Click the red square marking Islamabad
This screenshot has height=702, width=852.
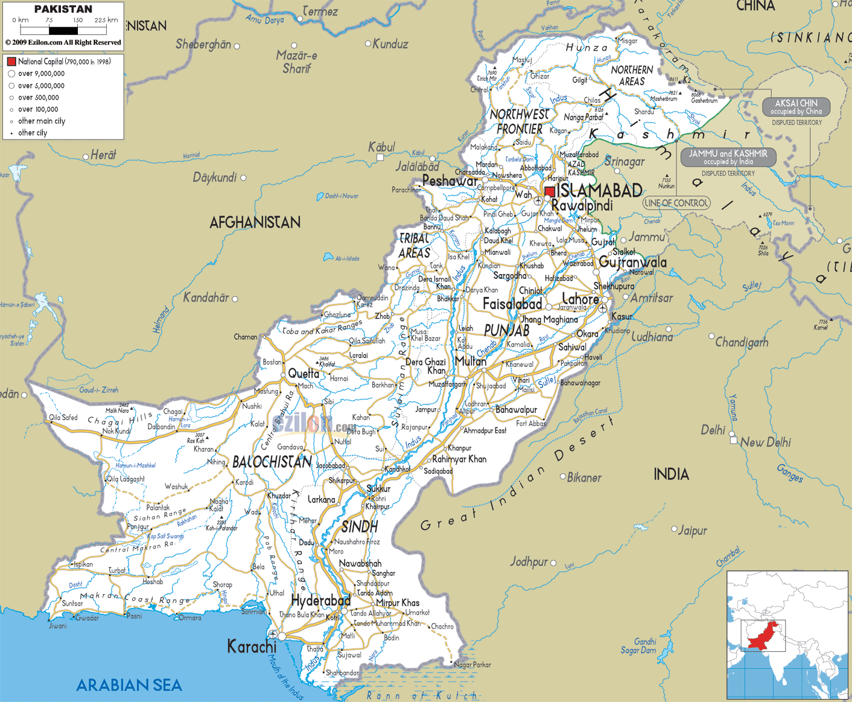[549, 192]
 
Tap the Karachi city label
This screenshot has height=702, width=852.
[252, 646]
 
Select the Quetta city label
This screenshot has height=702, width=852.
[304, 374]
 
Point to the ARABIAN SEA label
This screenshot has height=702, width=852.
[129, 685]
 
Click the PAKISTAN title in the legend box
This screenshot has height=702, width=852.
[63, 9]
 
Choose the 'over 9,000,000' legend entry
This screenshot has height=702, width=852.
[41, 74]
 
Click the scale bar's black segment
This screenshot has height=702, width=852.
[63, 30]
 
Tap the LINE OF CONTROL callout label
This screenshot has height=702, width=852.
[676, 203]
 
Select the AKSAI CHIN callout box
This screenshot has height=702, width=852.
[796, 107]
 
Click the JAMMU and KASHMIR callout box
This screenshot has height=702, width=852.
[728, 158]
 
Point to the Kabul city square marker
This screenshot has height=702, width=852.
[380, 158]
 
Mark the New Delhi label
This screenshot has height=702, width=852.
[765, 442]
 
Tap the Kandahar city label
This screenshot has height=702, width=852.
[206, 298]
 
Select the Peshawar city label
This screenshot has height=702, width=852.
[450, 181]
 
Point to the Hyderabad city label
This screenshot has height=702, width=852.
[320, 601]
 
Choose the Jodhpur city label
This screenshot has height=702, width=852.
[529, 562]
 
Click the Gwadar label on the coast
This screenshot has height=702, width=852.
[87, 617]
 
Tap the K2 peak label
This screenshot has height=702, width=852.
[687, 80]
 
